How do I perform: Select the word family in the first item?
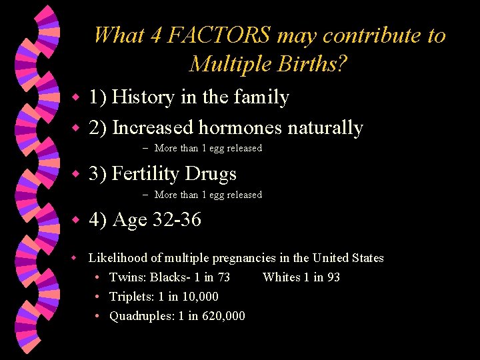pyautogui.click(x=261, y=97)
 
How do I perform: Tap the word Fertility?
pyautogui.click(x=146, y=174)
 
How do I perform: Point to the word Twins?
pyautogui.click(x=128, y=277)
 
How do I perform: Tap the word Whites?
pyautogui.click(x=281, y=277)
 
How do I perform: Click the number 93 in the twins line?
pyautogui.click(x=333, y=277)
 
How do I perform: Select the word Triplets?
pyautogui.click(x=132, y=297)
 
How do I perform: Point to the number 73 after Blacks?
pyautogui.click(x=223, y=277)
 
